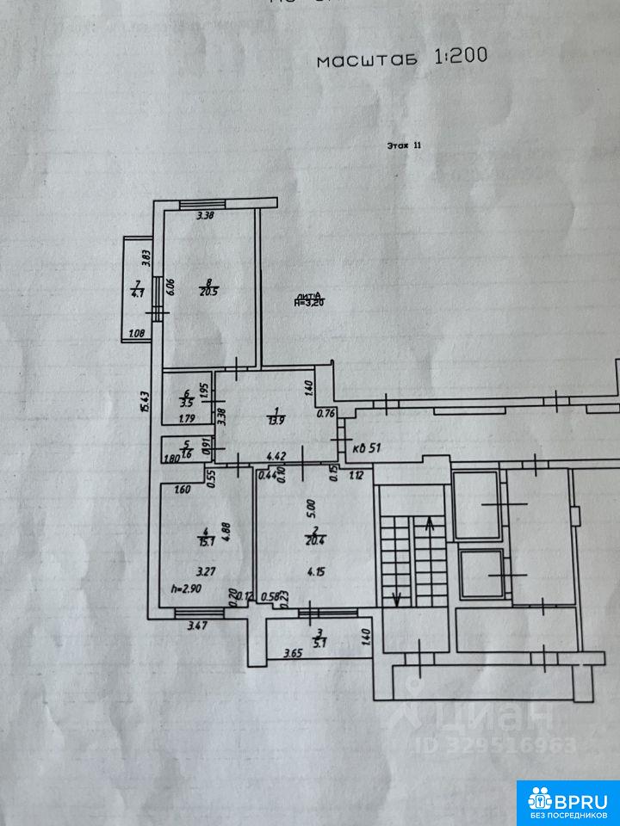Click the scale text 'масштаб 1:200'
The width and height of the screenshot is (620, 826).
click(402, 58)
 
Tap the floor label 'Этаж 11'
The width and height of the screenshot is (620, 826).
click(404, 146)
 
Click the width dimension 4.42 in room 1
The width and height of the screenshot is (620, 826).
click(276, 456)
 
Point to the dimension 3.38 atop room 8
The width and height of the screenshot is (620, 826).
click(205, 216)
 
